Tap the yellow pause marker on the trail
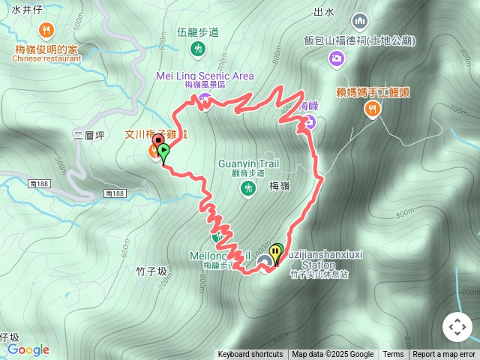point(277,251)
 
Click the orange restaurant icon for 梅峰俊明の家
point(46,30)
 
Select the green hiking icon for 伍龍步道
point(198,49)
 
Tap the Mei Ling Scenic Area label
point(205,76)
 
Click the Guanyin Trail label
point(246,163)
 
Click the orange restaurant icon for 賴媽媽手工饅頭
point(371,109)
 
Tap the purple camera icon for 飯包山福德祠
point(337,58)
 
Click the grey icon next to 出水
point(360,20)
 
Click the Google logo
point(28,349)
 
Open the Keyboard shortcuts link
point(250,355)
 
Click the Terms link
point(393,355)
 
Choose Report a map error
point(444,355)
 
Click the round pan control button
point(457,327)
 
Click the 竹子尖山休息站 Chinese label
point(319,274)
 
